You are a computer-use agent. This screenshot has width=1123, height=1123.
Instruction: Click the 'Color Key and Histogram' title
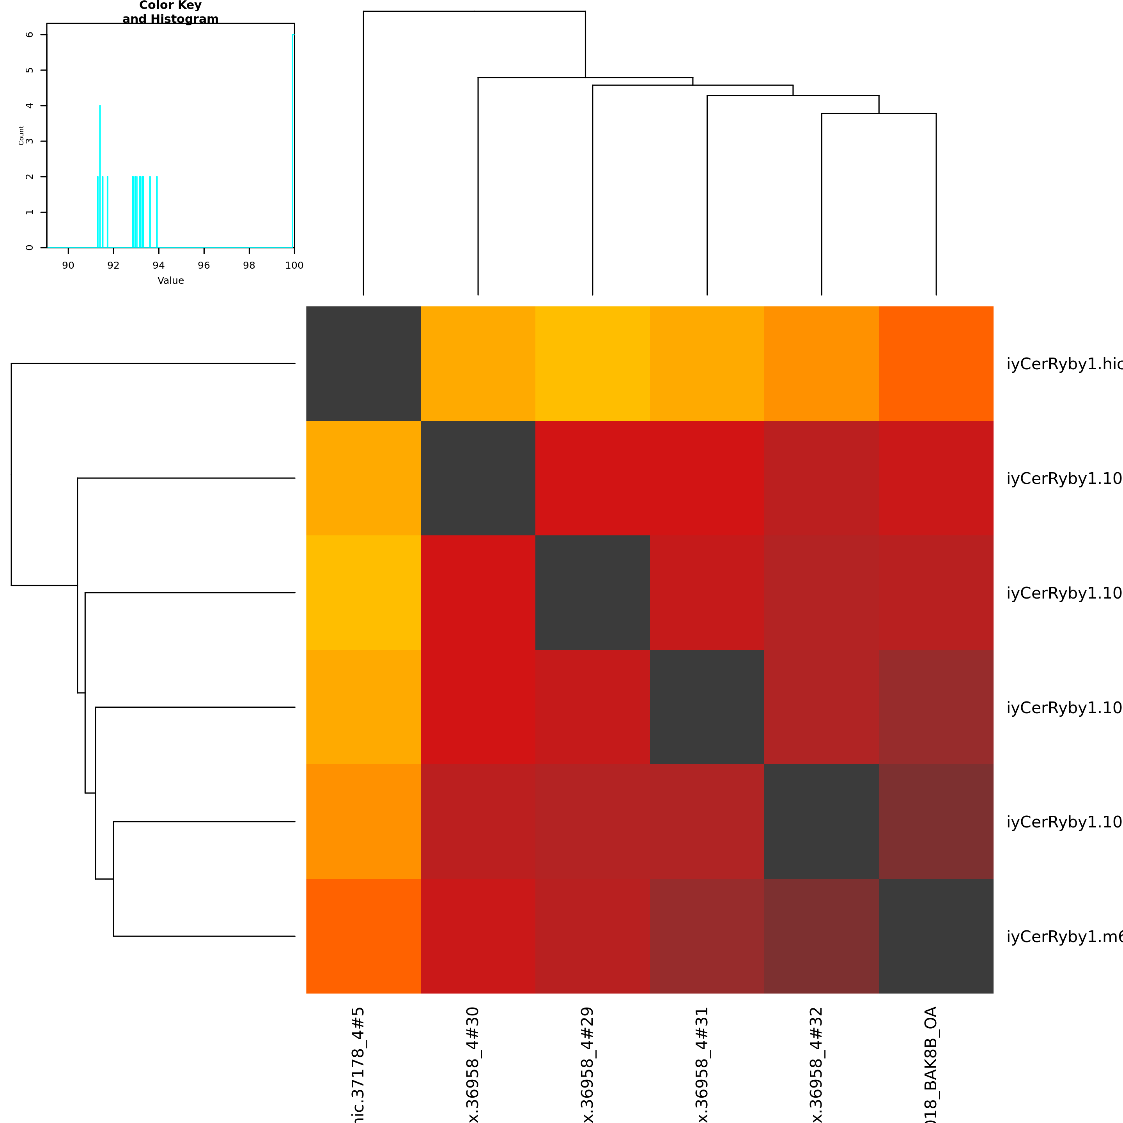point(170,12)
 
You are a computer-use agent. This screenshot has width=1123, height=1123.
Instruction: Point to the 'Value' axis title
point(170,280)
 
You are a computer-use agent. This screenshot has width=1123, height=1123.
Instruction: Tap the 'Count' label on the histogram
point(21,135)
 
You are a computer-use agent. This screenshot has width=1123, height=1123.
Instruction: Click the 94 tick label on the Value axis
point(159,266)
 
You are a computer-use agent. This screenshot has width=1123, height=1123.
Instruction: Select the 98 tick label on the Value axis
point(249,266)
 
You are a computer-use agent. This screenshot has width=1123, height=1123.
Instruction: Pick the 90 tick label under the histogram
point(68,266)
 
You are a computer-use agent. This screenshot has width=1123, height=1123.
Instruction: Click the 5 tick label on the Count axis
point(29,70)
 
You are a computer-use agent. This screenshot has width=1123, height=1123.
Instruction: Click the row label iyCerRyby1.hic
point(1064,364)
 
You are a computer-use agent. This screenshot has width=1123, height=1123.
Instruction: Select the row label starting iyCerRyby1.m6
point(1064,937)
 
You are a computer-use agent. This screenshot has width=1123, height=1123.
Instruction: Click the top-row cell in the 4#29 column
point(592,363)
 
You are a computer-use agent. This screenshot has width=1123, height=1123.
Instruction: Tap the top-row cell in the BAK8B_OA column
point(936,363)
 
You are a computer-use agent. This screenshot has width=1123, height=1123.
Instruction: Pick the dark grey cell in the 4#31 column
point(707,707)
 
